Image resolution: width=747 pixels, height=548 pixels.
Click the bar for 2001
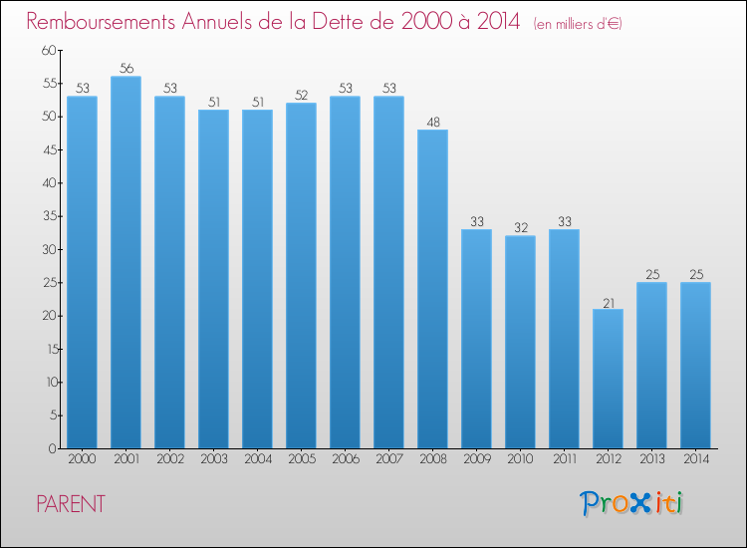click(x=125, y=262)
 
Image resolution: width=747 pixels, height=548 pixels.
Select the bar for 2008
click(x=432, y=289)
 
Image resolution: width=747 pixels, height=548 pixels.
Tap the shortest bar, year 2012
click(x=608, y=379)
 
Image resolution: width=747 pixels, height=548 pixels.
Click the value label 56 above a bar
click(x=125, y=69)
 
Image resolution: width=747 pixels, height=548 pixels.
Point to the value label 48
click(x=432, y=122)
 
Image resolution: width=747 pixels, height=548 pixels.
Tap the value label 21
click(x=608, y=301)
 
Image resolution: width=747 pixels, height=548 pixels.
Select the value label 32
click(x=520, y=228)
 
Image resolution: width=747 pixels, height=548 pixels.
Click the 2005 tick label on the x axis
click(x=301, y=460)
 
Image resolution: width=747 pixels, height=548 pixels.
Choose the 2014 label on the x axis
click(x=695, y=460)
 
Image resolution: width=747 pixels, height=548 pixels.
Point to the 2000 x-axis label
click(x=82, y=460)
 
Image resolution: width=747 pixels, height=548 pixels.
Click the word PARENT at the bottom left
click(x=70, y=504)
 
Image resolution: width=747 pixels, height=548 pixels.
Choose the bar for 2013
click(x=651, y=366)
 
